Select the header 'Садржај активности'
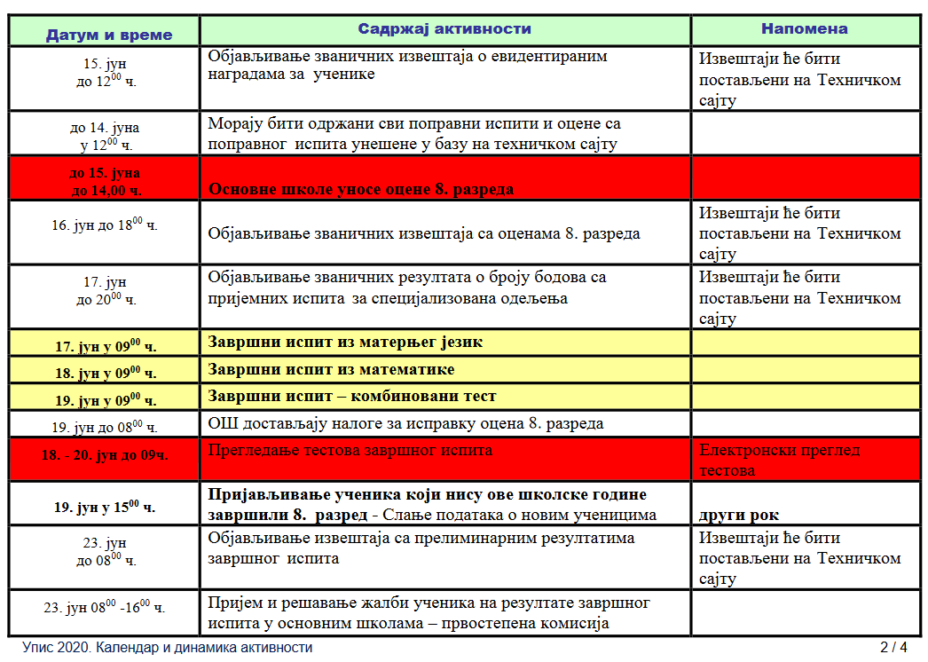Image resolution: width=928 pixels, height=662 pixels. [444, 28]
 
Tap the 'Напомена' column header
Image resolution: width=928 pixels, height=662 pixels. [804, 28]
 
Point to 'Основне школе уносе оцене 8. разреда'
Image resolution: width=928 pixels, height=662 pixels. [361, 189]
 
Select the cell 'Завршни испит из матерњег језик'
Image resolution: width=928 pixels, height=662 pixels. [345, 342]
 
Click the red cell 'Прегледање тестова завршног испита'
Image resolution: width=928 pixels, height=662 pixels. [350, 450]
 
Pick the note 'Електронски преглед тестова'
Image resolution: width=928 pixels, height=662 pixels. [779, 460]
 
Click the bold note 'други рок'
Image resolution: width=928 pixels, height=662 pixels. [739, 515]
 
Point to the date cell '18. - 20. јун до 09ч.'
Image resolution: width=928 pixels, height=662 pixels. [105, 455]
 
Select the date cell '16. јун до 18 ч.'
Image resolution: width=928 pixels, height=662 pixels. [105, 225]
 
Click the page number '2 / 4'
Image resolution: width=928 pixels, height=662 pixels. [893, 647]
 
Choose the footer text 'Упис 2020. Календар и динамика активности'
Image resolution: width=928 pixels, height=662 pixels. [168, 647]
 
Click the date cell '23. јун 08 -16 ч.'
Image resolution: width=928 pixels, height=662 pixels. [105, 608]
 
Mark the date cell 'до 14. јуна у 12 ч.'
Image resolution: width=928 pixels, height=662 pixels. [105, 135]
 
